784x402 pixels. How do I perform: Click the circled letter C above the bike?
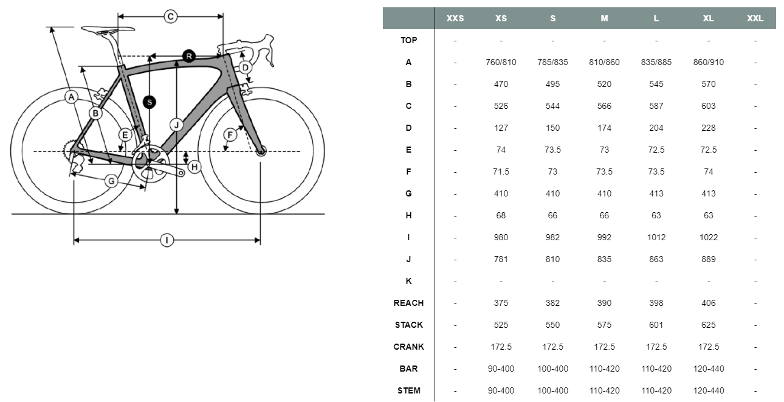(170, 16)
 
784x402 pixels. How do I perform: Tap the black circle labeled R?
(189, 56)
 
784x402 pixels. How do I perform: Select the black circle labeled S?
(150, 102)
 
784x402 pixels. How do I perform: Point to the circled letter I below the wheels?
(167, 240)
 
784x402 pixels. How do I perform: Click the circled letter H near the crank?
(194, 167)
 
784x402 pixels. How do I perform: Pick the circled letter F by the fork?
(230, 134)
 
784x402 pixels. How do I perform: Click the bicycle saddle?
(108, 29)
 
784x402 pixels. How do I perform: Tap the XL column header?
(709, 18)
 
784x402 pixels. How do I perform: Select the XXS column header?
(455, 18)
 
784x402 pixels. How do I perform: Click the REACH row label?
(408, 303)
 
